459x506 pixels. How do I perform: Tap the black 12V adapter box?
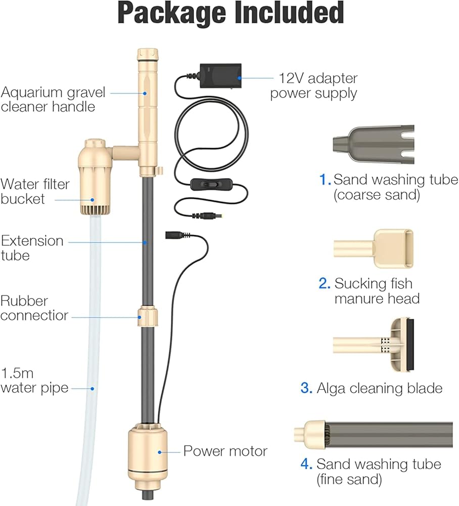point(221,76)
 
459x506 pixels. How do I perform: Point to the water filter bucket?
point(95,178)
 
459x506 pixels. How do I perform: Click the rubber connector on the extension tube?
point(148,317)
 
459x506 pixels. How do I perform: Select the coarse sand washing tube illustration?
point(374,145)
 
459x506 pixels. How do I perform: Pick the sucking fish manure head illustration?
point(374,248)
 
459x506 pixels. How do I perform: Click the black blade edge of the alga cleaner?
point(410,345)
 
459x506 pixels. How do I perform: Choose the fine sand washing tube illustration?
point(373,435)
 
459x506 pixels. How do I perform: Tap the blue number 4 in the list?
point(306,464)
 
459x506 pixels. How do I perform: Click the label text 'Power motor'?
point(225,451)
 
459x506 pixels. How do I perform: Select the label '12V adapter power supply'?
point(313,86)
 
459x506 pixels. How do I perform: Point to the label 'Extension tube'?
point(32,248)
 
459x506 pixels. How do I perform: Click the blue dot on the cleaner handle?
point(145,93)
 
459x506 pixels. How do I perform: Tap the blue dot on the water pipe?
point(92,389)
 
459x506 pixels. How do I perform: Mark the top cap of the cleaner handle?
point(148,55)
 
